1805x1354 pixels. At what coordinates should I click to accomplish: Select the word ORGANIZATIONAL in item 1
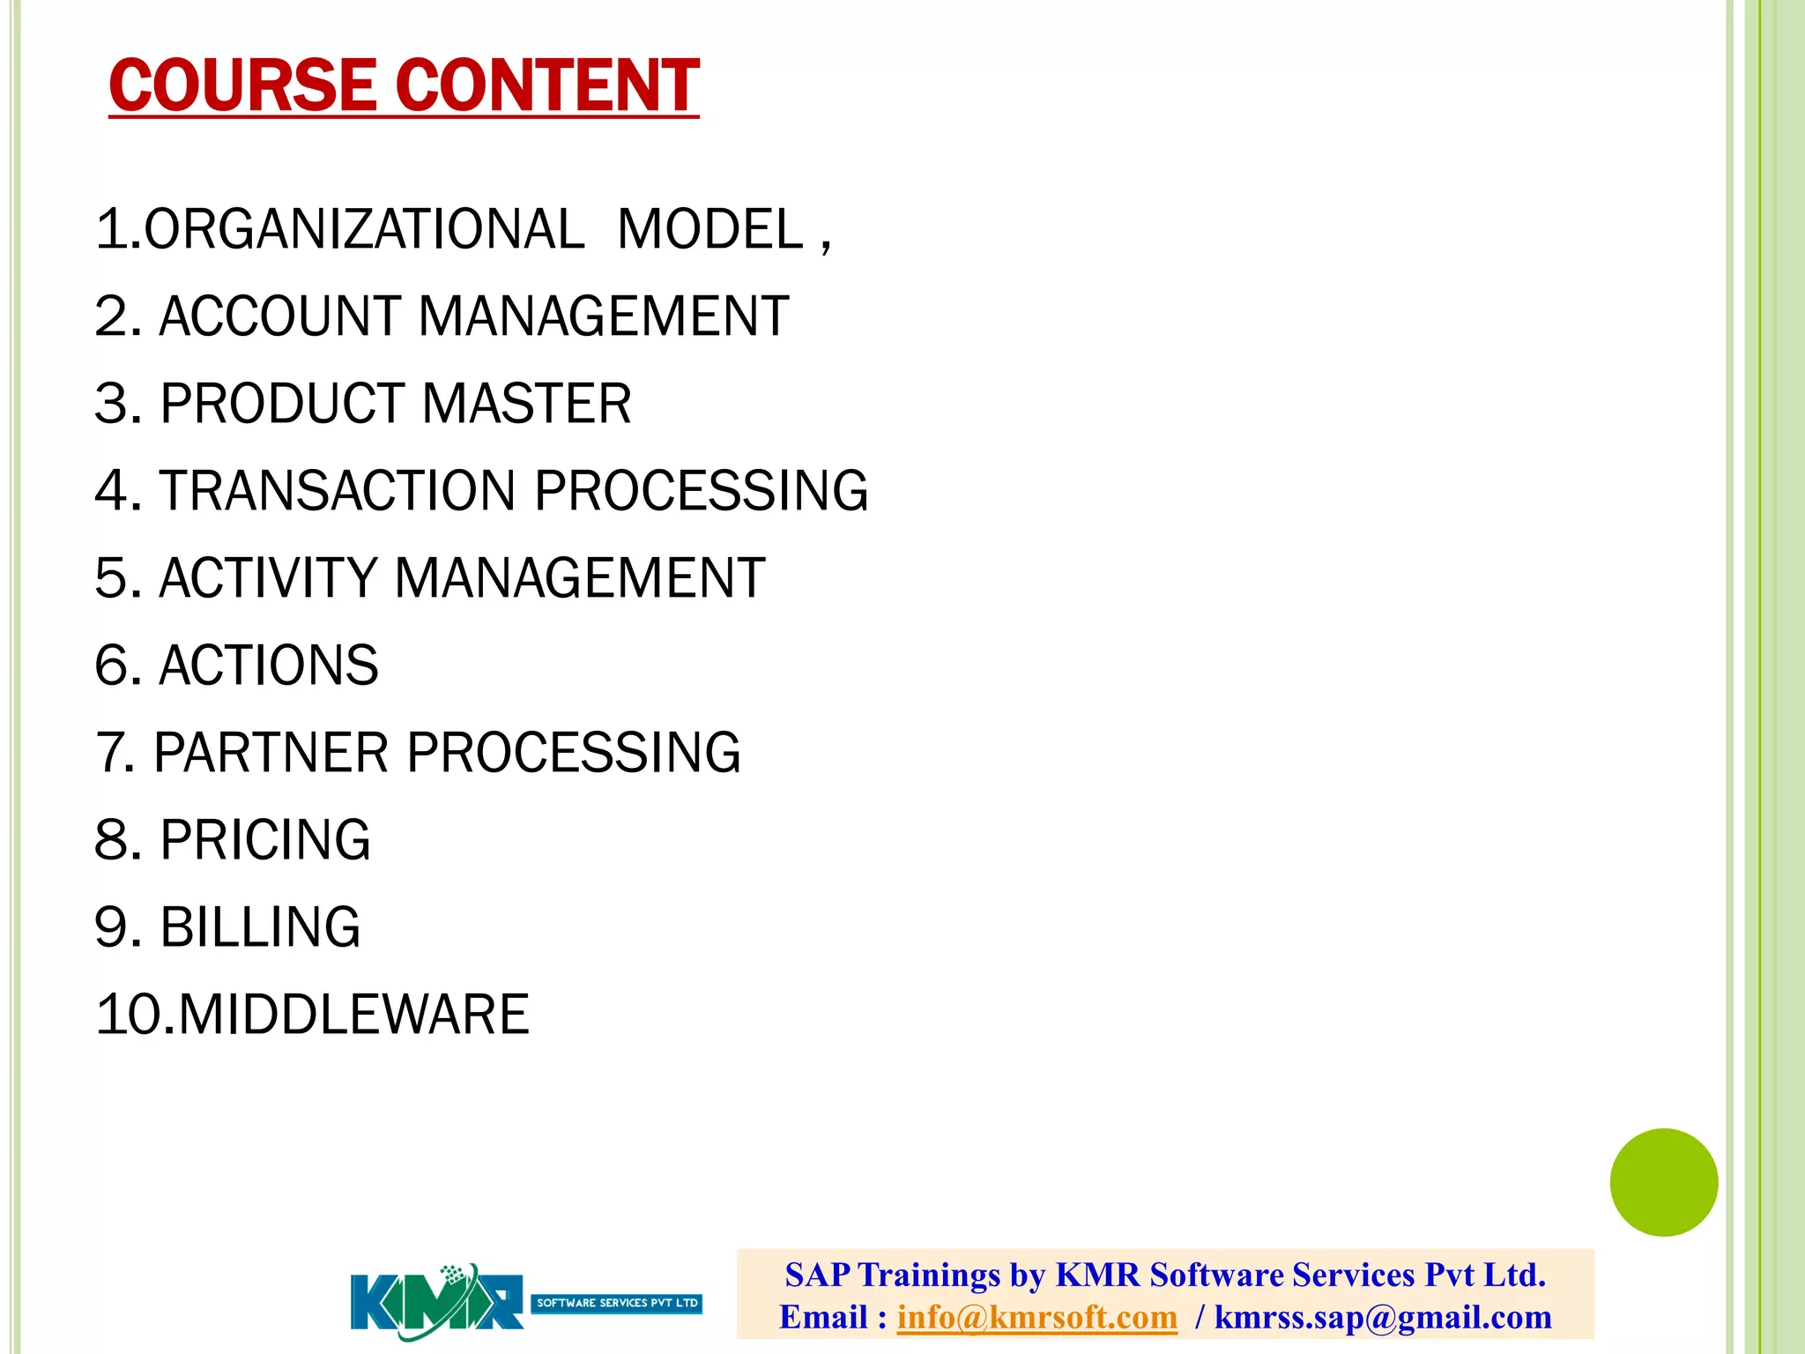(364, 229)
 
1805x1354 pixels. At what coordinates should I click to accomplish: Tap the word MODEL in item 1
(710, 229)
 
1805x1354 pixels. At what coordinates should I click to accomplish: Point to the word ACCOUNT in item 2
(280, 316)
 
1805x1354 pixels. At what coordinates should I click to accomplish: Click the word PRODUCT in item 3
(282, 404)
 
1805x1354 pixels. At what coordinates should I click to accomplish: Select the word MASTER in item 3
(526, 404)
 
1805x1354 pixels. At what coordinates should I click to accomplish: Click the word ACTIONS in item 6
(268, 666)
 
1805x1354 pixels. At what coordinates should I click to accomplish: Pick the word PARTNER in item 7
(271, 753)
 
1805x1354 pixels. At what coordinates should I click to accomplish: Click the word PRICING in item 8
(264, 839)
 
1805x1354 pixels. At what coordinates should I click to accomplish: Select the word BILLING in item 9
(260, 927)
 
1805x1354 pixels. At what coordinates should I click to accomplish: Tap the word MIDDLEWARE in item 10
(353, 1015)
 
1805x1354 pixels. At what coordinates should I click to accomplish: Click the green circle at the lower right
(1663, 1182)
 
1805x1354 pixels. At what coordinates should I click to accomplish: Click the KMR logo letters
(436, 1301)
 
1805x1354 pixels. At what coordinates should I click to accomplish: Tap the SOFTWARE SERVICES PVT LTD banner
(617, 1303)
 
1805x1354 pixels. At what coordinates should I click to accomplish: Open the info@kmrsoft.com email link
(1036, 1317)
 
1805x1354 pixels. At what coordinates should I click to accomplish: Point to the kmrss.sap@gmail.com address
(1383, 1317)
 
